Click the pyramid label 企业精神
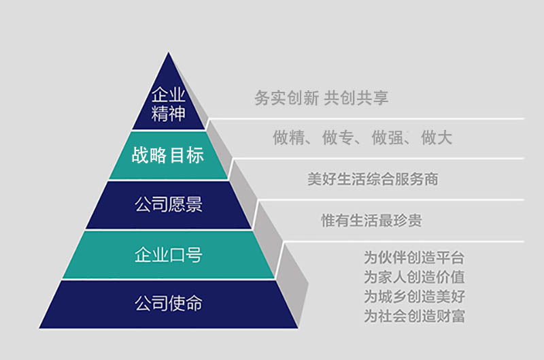point(168,104)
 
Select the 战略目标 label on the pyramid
point(167,155)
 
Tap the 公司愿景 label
point(168,204)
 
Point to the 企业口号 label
point(168,255)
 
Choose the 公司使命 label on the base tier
point(168,303)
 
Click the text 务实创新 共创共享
point(321,97)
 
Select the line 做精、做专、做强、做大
point(362,137)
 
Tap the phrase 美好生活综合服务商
point(373,179)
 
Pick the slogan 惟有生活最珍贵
point(371,220)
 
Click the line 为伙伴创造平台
point(414,258)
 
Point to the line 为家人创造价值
point(414,277)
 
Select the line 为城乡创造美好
point(414,297)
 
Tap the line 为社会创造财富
point(414,316)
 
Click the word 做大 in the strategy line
point(437,137)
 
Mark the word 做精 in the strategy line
point(288,137)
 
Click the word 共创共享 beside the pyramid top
point(356,97)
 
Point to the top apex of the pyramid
point(169,52)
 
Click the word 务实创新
point(286,97)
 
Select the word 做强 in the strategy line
point(388,137)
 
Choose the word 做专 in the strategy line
point(338,137)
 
